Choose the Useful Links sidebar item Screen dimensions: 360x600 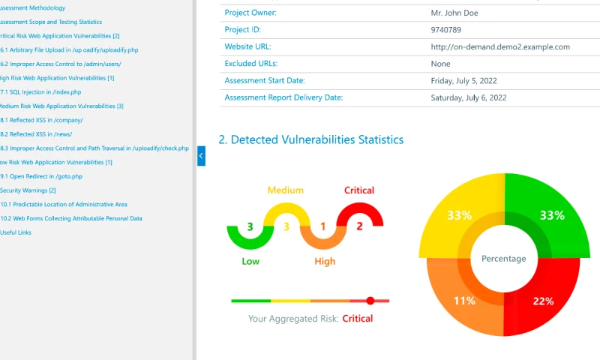(16, 232)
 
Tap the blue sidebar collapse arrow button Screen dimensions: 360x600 (201, 156)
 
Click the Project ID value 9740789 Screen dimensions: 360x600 (445, 30)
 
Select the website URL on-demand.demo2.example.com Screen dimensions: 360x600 (500, 46)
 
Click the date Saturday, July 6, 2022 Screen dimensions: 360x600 (469, 97)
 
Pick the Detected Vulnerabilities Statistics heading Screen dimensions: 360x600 (310, 139)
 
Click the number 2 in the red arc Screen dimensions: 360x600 (359, 226)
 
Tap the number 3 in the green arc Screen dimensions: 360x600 (250, 226)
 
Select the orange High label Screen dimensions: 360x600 (325, 262)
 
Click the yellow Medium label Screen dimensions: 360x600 (286, 190)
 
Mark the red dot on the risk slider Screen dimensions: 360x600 (370, 301)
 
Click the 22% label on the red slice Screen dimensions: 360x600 (542, 301)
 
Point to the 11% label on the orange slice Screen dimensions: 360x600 (464, 301)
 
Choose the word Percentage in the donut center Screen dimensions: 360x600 (503, 259)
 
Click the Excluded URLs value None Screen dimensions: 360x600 (440, 64)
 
